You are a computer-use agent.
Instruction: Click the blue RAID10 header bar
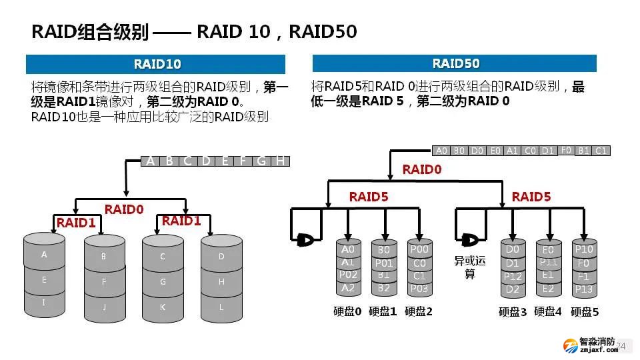pyautogui.click(x=155, y=64)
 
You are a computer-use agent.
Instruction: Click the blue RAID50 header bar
pyautogui.click(x=455, y=63)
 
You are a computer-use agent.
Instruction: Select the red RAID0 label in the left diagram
pyautogui.click(x=124, y=209)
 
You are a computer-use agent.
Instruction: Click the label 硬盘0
pyautogui.click(x=347, y=311)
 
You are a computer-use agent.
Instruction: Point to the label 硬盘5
pyautogui.click(x=585, y=311)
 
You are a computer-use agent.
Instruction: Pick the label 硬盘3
pyautogui.click(x=513, y=311)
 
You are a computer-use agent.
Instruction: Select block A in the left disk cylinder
pyautogui.click(x=44, y=255)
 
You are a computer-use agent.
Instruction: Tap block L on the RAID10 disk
pyautogui.click(x=221, y=307)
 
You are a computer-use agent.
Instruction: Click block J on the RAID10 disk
pyautogui.click(x=104, y=307)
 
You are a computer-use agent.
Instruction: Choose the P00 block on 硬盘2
pyautogui.click(x=419, y=250)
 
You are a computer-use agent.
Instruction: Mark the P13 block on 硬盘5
pyautogui.click(x=584, y=289)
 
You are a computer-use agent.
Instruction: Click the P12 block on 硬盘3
pyautogui.click(x=512, y=276)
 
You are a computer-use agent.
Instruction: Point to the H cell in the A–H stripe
pyautogui.click(x=281, y=161)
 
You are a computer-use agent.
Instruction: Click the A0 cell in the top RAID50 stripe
pyautogui.click(x=441, y=151)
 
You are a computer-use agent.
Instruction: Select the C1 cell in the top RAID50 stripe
pyautogui.click(x=601, y=151)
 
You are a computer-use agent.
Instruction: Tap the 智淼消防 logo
pyautogui.click(x=589, y=345)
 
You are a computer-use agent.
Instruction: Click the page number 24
pyautogui.click(x=621, y=345)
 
